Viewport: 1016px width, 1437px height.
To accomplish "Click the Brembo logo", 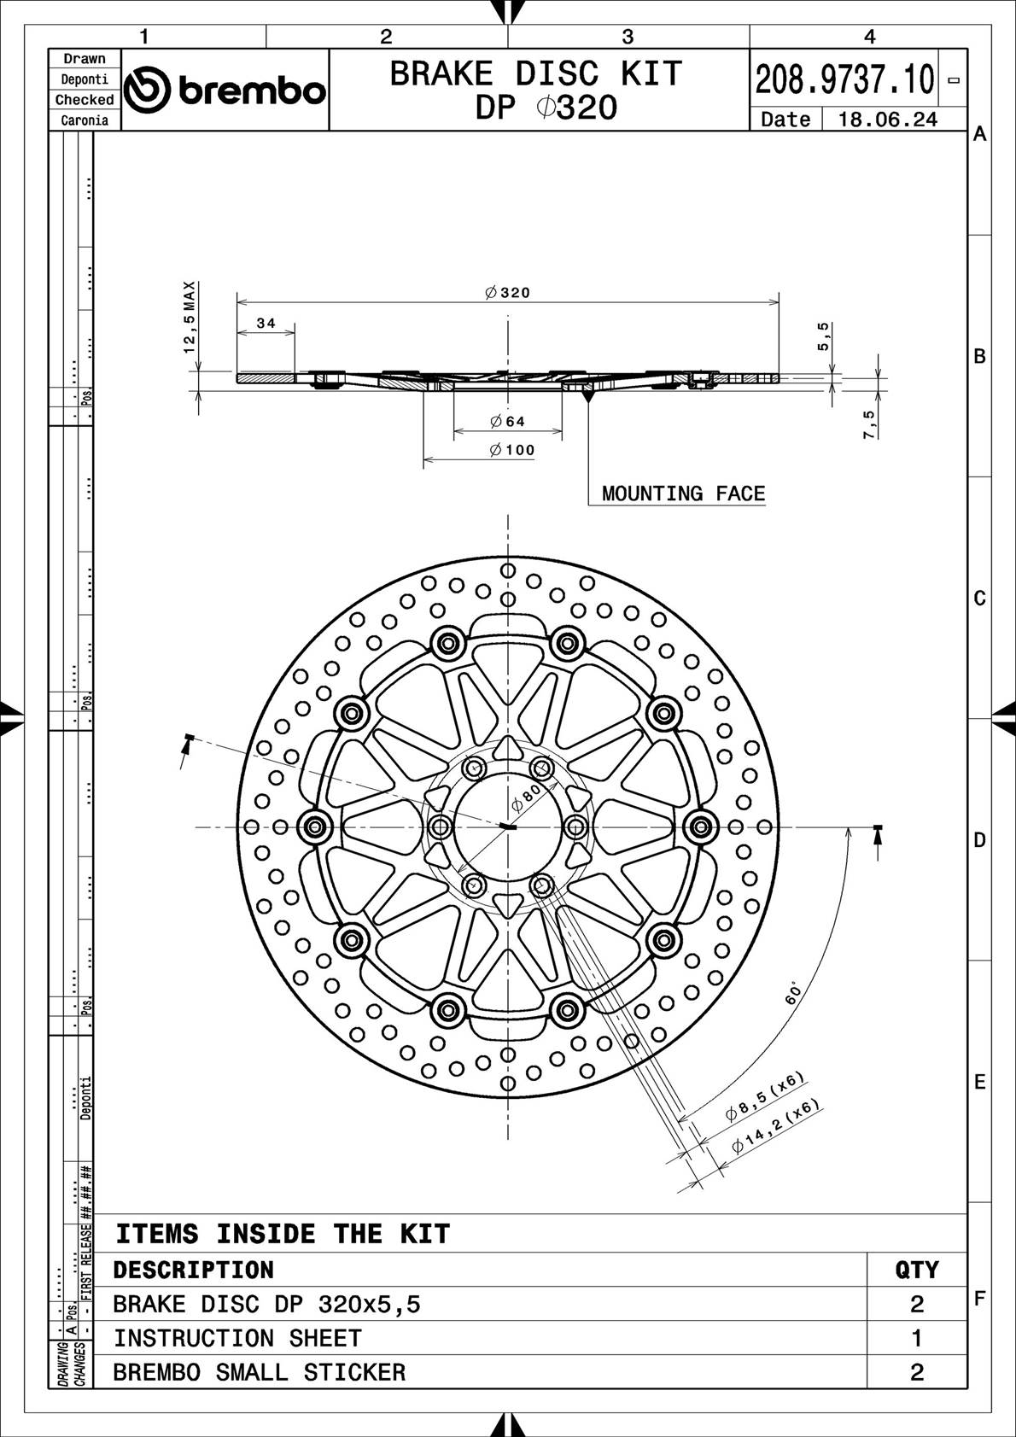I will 225,90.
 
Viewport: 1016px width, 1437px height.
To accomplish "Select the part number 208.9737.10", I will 844,79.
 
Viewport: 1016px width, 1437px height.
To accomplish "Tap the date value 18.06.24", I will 887,120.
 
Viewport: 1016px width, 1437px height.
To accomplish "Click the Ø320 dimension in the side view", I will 508,293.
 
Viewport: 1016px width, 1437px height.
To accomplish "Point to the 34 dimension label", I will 266,324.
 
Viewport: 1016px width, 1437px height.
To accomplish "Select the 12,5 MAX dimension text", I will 190,317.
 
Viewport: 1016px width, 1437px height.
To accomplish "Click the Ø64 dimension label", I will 508,421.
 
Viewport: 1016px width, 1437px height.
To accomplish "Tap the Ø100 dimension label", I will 512,450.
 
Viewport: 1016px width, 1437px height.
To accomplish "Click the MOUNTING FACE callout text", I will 683,494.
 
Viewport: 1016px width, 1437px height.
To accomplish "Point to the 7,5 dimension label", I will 869,424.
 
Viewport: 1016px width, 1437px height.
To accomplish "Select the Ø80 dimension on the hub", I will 526,799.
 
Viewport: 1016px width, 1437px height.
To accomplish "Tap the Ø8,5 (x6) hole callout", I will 765,1096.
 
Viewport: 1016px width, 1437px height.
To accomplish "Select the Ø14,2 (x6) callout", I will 775,1126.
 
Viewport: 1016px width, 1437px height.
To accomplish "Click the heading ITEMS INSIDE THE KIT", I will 283,1234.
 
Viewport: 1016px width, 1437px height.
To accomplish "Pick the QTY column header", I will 917,1270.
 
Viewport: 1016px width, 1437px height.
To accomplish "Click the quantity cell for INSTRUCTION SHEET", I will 917,1338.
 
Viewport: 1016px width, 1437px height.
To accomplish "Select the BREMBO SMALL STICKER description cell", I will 260,1372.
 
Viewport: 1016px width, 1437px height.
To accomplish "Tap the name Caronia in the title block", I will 85,120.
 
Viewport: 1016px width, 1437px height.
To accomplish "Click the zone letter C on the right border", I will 980,598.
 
